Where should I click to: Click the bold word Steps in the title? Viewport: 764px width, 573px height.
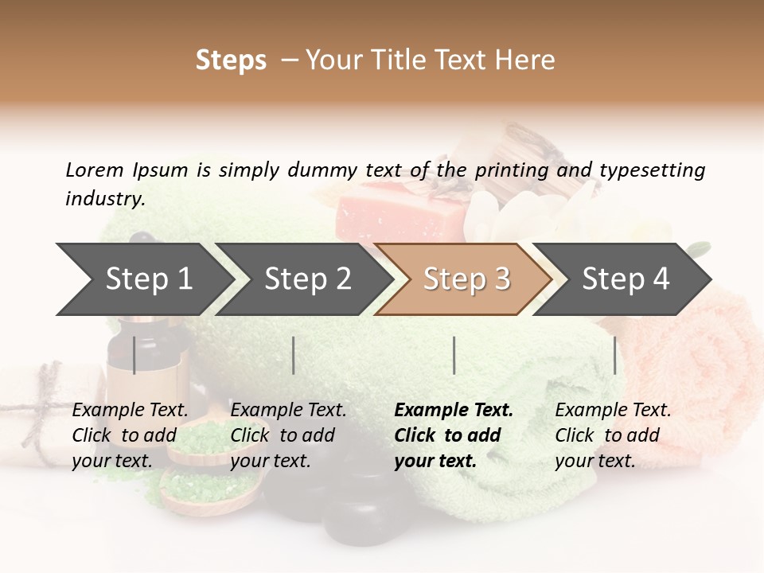click(x=231, y=60)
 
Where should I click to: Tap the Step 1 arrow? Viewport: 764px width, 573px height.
click(x=143, y=279)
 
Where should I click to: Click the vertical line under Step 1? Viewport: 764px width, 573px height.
click(x=134, y=355)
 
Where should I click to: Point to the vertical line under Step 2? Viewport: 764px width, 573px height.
click(x=294, y=355)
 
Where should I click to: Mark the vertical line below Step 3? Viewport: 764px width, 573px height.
click(x=454, y=355)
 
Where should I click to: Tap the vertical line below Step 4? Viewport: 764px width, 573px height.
click(x=614, y=355)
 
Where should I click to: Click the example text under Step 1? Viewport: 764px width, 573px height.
click(x=130, y=435)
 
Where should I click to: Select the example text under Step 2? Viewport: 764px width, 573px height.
click(x=288, y=435)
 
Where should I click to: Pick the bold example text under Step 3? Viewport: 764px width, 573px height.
click(x=454, y=435)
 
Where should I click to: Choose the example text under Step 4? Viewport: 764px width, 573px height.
click(x=613, y=435)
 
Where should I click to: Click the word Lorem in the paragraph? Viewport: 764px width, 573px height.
click(x=94, y=170)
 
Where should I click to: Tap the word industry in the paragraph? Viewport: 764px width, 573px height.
click(x=104, y=199)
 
